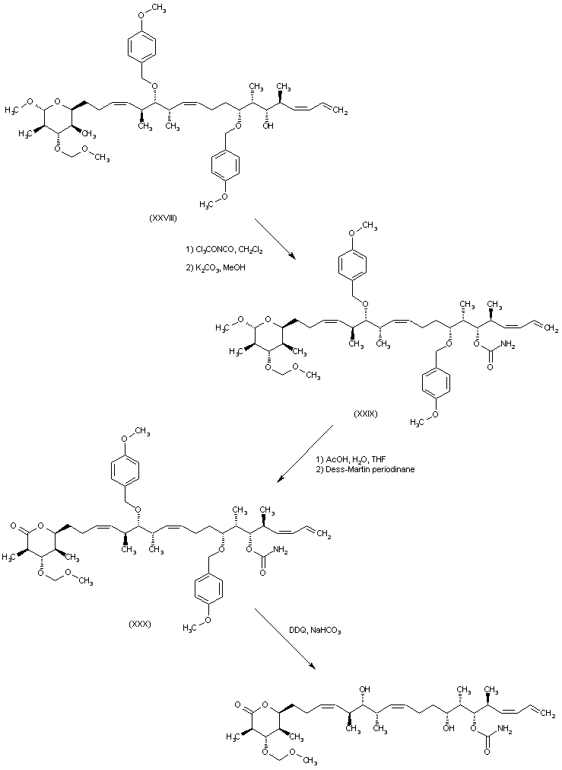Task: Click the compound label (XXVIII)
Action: coord(164,218)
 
